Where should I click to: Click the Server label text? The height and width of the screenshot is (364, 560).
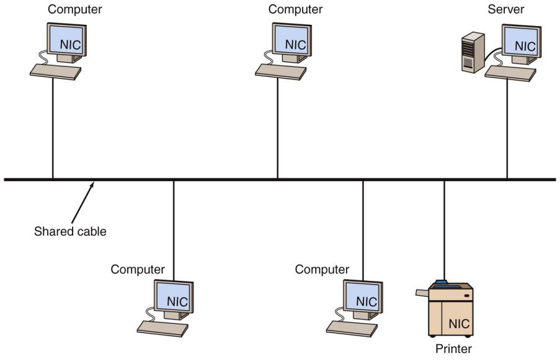coord(505,9)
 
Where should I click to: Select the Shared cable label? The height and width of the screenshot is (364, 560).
coord(70,232)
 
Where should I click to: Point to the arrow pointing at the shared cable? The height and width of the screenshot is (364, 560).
coord(82,202)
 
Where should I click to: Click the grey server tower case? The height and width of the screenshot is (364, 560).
coord(473,54)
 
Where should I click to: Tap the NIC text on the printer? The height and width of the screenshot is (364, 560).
coord(458,323)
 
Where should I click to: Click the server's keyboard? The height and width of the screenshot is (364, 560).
coord(510,73)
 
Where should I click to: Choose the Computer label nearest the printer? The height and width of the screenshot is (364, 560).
coord(322,270)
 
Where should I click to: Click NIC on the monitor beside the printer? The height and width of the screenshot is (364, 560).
coord(366,301)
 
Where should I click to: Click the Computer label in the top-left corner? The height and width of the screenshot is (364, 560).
coord(75,9)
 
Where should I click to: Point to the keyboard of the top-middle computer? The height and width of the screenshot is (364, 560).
coord(281,72)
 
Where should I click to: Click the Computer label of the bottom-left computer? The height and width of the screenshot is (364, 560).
coord(138,270)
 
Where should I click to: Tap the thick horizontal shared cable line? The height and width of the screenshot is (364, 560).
coord(279,180)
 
